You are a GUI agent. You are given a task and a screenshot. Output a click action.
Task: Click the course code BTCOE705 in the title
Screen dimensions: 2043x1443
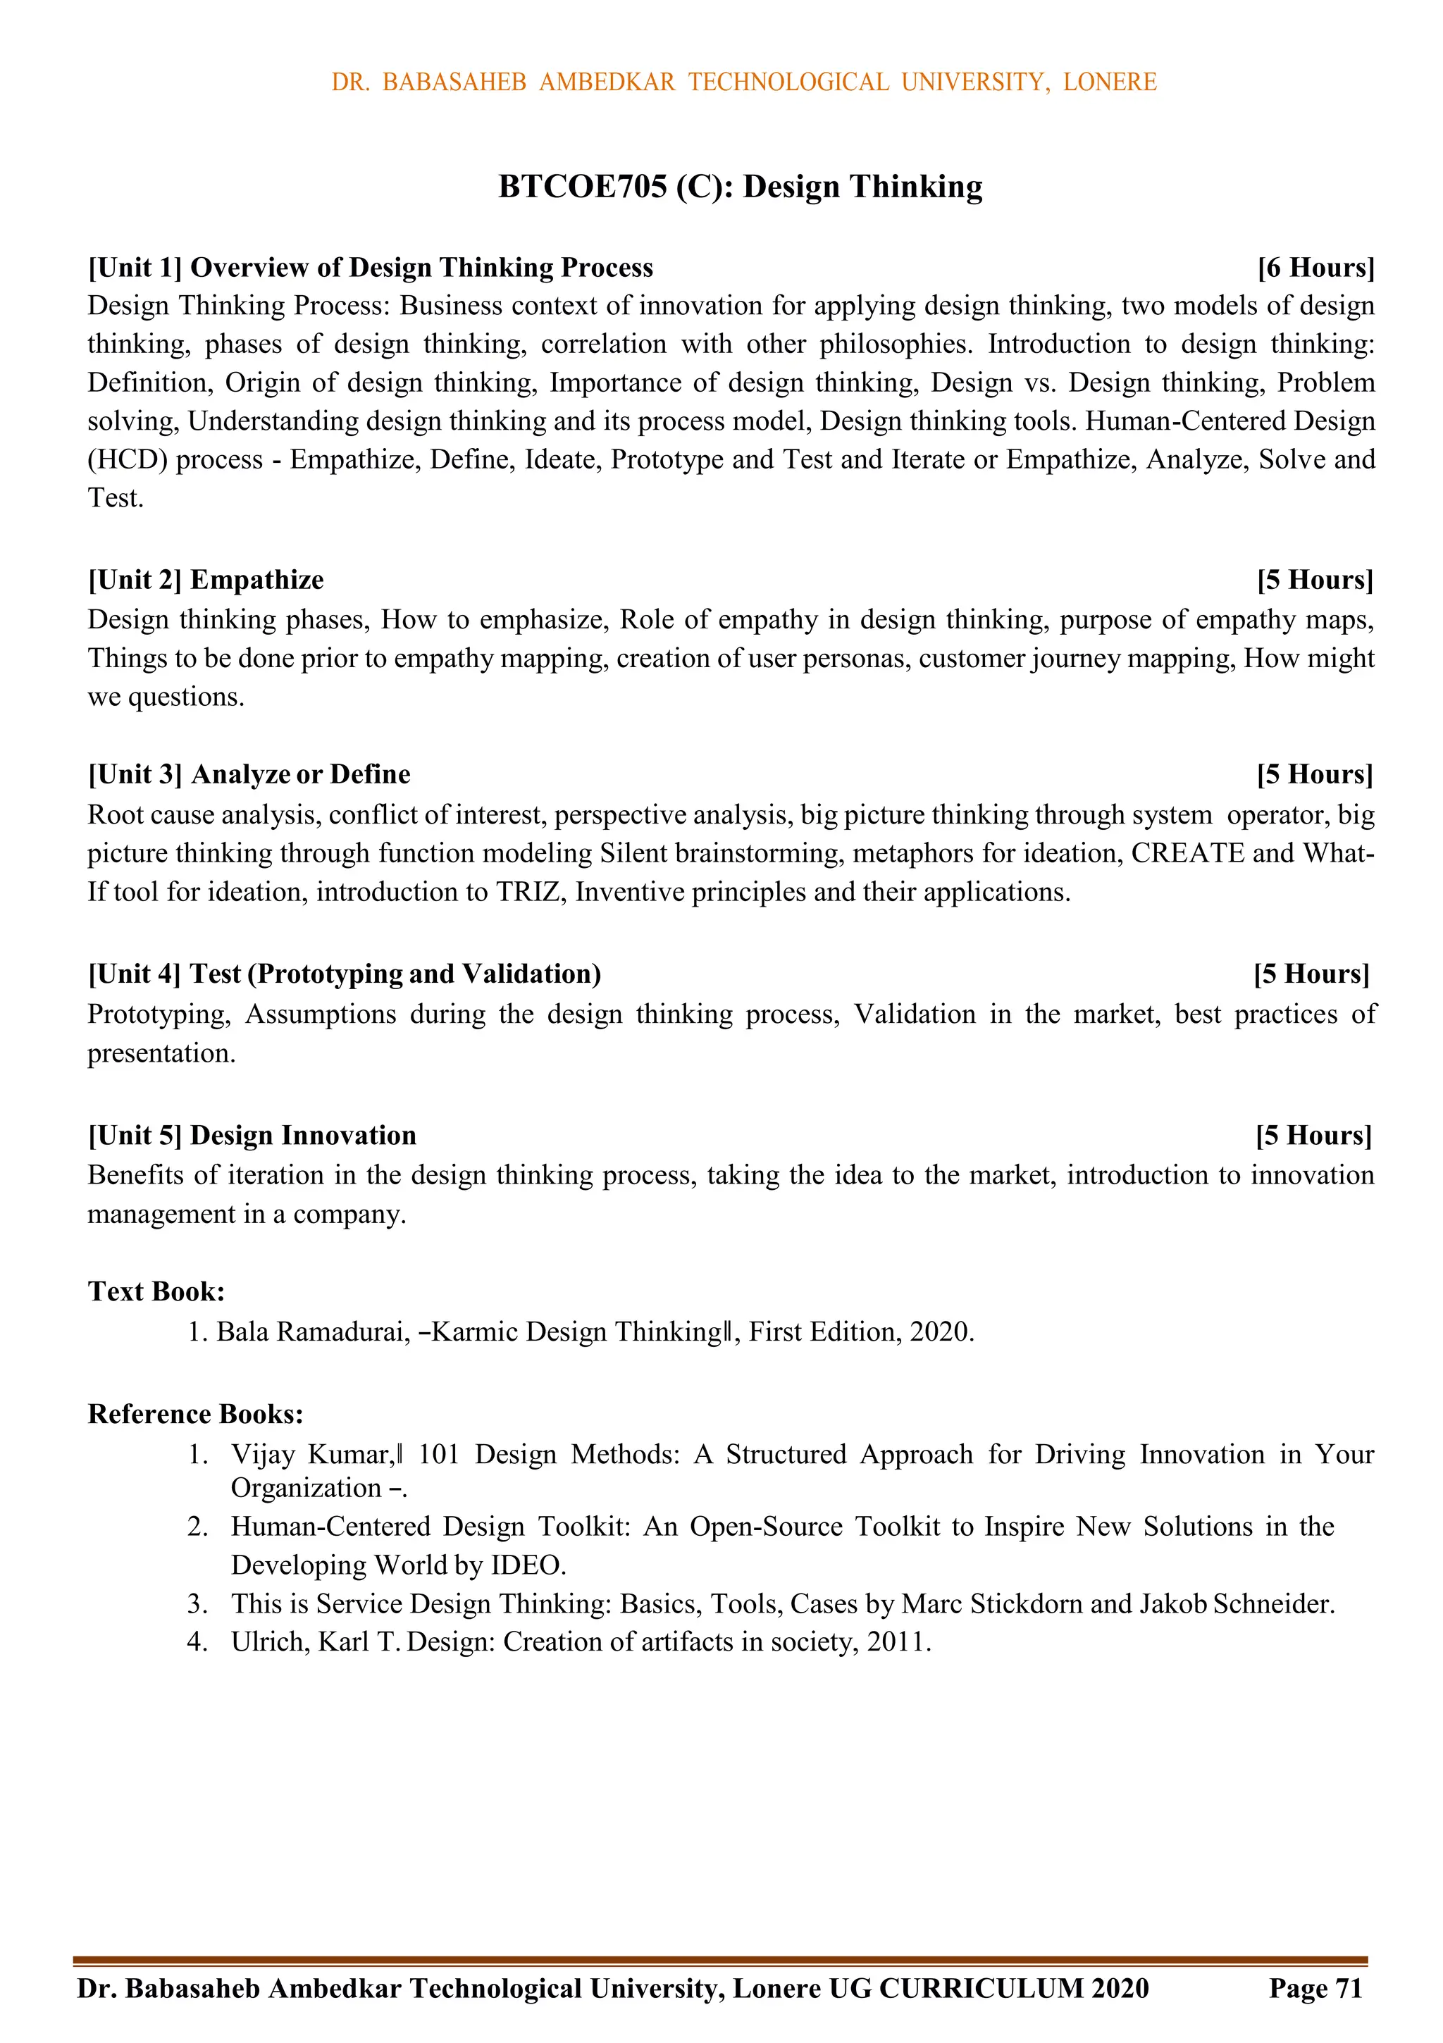click(581, 187)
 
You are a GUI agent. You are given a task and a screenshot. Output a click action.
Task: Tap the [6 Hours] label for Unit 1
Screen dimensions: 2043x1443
click(1315, 267)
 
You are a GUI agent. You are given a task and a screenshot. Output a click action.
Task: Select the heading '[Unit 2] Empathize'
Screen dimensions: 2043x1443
click(206, 580)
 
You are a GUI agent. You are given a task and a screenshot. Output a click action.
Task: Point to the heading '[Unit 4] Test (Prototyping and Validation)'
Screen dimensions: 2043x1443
click(345, 974)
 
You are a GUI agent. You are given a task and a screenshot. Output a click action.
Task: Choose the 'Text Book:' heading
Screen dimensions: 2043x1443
click(156, 1291)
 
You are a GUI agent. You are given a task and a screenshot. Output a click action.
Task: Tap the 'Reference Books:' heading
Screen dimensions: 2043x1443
click(196, 1414)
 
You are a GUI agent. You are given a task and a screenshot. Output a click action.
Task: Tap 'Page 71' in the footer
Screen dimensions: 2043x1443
click(1315, 1989)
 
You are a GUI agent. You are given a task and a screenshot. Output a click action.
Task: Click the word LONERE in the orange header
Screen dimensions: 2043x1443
click(1109, 82)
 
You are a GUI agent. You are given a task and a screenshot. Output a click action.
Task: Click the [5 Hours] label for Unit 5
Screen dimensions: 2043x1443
click(1314, 1136)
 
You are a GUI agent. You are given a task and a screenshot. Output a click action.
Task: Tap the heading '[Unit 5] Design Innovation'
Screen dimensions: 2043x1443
click(252, 1136)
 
